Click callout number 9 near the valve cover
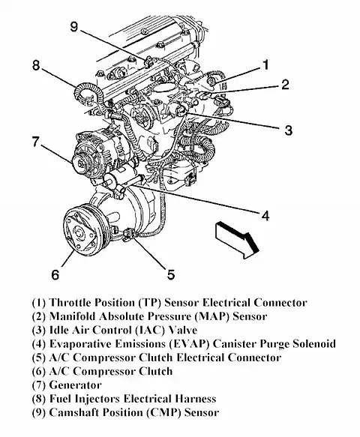(73, 26)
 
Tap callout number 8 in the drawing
(36, 65)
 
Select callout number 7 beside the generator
(36, 142)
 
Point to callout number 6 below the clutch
(55, 274)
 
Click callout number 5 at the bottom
(171, 274)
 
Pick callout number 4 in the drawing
(265, 215)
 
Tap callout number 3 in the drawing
(288, 130)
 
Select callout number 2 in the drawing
(285, 84)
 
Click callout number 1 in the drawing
(265, 64)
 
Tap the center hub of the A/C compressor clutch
(78, 232)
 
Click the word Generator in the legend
(75, 385)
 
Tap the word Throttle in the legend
(70, 303)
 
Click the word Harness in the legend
(196, 399)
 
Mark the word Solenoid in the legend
(314, 344)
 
